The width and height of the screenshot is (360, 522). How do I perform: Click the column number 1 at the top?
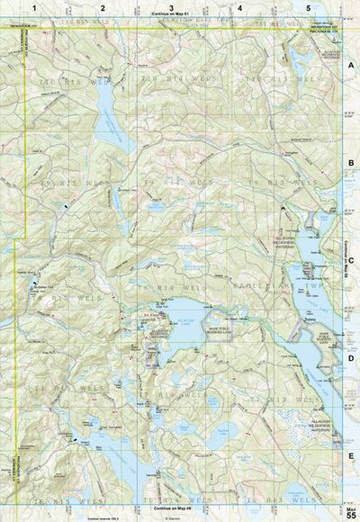click(x=33, y=7)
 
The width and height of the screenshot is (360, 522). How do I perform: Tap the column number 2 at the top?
click(x=103, y=7)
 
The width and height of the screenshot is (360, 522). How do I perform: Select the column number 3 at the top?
click(x=171, y=7)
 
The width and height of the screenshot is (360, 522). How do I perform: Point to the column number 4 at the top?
click(x=239, y=7)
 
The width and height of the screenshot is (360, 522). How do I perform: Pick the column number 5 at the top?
click(x=308, y=7)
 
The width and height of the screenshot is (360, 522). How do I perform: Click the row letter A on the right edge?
click(x=351, y=67)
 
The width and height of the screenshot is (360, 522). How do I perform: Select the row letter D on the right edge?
click(x=351, y=357)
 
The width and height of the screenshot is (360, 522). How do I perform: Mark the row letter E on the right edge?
click(x=351, y=455)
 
